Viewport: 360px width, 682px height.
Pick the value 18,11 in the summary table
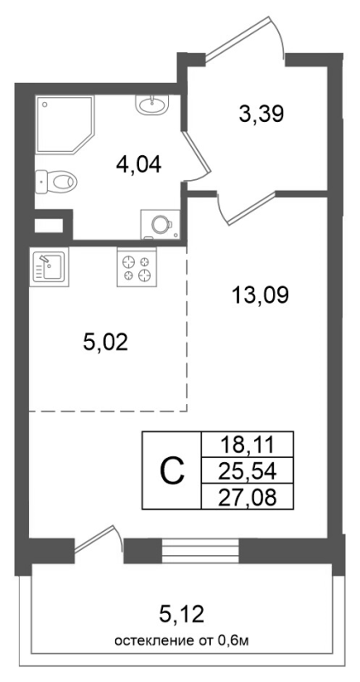tap(247, 444)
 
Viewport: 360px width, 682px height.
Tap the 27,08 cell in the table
tap(247, 495)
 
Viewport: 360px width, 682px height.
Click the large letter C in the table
tap(172, 470)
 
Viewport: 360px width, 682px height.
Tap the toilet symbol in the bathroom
tap(57, 181)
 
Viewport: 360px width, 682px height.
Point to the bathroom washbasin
tap(154, 106)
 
